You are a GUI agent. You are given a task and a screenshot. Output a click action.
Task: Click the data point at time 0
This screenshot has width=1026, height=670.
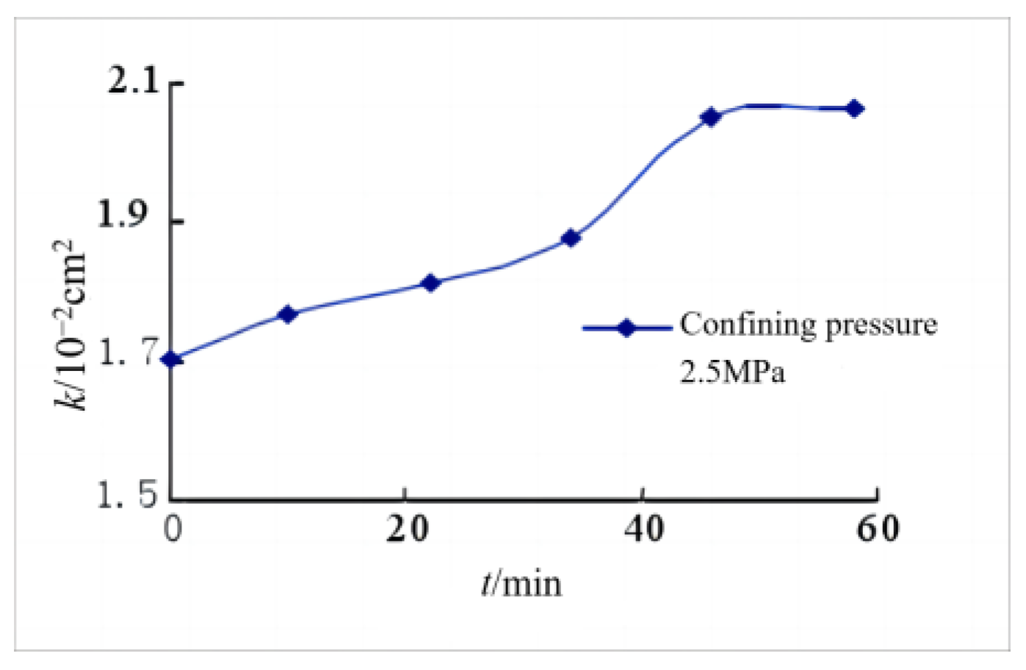(x=172, y=359)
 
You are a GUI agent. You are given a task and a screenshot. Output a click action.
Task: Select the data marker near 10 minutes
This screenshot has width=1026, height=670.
(x=288, y=314)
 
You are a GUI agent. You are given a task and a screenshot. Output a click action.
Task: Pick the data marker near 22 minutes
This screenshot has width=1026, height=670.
(x=431, y=283)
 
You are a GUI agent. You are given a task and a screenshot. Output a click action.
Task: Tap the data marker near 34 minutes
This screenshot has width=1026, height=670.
(x=571, y=238)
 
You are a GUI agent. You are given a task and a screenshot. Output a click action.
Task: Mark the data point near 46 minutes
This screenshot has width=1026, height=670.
(x=711, y=117)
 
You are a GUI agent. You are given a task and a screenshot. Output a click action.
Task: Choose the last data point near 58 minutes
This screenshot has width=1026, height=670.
(x=854, y=109)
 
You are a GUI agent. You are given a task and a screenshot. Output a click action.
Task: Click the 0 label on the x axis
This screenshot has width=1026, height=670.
(x=173, y=528)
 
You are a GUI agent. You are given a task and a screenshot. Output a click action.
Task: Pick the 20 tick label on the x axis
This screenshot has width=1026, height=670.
(x=407, y=528)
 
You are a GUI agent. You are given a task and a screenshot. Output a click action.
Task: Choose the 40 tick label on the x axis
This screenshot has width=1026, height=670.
(x=644, y=528)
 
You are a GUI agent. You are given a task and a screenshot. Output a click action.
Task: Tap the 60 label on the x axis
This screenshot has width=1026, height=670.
(x=878, y=528)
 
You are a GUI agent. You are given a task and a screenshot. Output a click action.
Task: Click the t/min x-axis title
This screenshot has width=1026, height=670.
(x=522, y=583)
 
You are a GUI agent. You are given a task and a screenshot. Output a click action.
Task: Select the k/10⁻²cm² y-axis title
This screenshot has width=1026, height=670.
(x=70, y=323)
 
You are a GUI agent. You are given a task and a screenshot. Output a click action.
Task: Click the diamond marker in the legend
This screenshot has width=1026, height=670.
(x=626, y=328)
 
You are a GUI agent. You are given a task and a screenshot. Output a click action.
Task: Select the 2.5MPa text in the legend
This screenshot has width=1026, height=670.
(x=732, y=372)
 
